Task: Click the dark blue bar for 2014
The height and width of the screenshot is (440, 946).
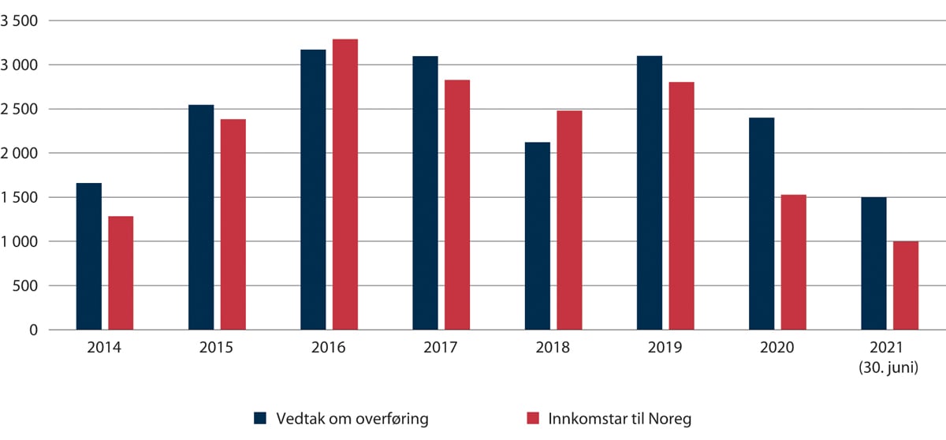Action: [89, 256]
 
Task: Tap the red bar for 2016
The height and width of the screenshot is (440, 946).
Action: [345, 185]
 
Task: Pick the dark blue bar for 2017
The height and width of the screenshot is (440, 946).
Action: [425, 193]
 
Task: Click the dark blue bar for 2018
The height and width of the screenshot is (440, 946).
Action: [538, 236]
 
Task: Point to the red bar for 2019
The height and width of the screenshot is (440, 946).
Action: [681, 206]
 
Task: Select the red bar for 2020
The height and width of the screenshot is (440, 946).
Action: [793, 262]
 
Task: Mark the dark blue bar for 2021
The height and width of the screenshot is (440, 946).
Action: [873, 263]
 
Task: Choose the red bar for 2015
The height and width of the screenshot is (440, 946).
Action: [233, 225]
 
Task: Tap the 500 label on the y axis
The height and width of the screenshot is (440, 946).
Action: [29, 285]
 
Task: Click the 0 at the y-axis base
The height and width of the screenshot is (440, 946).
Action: [34, 330]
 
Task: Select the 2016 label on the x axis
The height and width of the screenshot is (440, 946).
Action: [329, 348]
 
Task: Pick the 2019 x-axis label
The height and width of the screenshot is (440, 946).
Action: [665, 348]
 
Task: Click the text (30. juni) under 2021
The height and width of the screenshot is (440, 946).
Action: [889, 366]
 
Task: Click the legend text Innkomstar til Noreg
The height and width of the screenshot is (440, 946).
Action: [620, 419]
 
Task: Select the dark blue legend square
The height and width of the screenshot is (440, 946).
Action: [260, 419]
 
